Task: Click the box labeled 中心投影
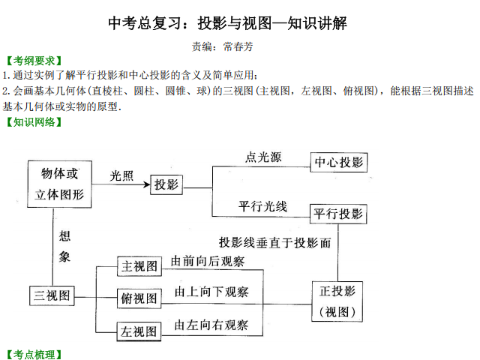[x=338, y=162]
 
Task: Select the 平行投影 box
[x=338, y=214]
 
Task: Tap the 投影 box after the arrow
[x=166, y=184]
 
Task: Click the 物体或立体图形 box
[x=60, y=184]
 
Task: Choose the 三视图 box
[x=52, y=295]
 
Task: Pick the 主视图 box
[x=139, y=266]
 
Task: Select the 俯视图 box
[x=139, y=298]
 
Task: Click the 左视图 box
[x=139, y=331]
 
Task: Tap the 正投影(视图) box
[x=337, y=301]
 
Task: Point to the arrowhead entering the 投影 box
[x=147, y=184]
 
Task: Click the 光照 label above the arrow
[x=121, y=176]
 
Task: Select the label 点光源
[x=263, y=157]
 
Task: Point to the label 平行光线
[x=262, y=206]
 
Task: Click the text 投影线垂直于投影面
[x=275, y=243]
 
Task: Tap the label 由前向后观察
[x=208, y=261]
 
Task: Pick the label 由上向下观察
[x=211, y=292]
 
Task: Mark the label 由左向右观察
[x=211, y=325]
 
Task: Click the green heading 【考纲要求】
[x=34, y=61]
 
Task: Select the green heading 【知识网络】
[x=34, y=122]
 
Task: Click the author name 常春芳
[x=238, y=46]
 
